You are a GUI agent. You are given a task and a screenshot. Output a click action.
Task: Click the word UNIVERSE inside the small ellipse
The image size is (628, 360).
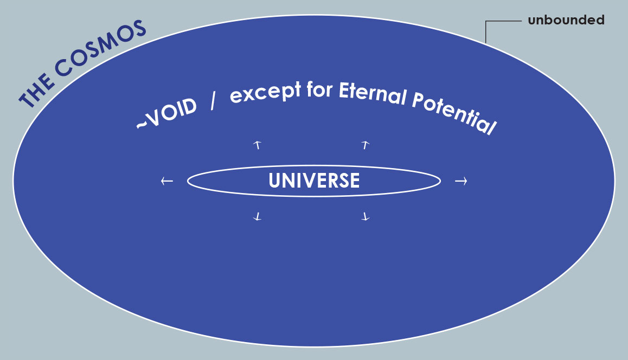[314, 181]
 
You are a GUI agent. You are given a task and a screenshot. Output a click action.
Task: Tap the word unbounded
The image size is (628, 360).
[566, 20]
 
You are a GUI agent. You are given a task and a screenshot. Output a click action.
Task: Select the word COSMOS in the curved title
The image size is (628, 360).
[100, 48]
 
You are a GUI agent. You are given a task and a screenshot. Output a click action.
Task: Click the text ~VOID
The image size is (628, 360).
[166, 114]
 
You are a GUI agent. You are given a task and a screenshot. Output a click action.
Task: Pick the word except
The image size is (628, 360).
[265, 93]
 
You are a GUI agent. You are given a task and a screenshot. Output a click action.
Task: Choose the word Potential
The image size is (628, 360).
[454, 114]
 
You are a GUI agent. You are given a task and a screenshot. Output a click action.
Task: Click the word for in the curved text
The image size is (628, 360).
[319, 89]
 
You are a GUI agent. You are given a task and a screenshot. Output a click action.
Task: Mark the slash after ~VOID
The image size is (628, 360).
[213, 102]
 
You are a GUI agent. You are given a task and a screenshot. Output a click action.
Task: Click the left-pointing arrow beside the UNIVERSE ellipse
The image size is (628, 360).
[167, 181]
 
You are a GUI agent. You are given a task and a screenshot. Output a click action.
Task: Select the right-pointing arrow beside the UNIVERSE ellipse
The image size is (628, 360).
[461, 182]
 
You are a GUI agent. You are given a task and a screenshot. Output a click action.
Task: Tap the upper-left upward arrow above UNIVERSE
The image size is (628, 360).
[258, 145]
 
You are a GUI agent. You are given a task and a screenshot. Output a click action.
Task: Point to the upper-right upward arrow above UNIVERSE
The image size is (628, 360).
[365, 145]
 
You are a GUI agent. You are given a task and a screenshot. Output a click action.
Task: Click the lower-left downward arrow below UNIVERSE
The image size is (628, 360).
[258, 217]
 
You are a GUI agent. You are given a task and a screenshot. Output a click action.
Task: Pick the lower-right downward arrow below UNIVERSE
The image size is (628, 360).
[365, 217]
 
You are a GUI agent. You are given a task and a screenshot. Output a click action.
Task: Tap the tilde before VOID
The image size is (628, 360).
[142, 125]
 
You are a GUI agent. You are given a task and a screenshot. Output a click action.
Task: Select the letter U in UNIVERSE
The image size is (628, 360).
[274, 181]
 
